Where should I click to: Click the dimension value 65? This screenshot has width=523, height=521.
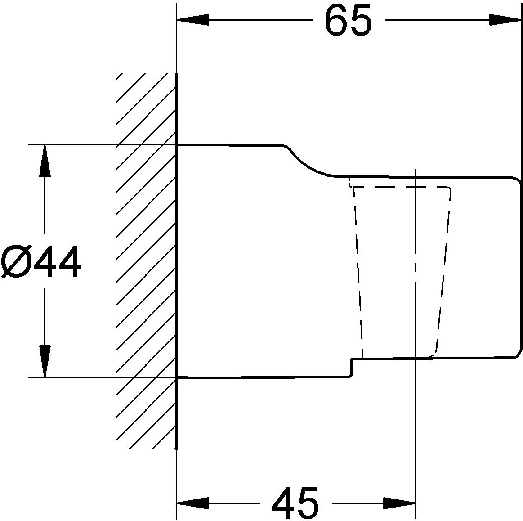(348, 21)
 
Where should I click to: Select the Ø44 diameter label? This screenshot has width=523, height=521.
(41, 262)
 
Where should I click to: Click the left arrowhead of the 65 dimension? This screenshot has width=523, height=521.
(193, 20)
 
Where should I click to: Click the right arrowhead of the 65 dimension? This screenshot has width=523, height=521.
(505, 20)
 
